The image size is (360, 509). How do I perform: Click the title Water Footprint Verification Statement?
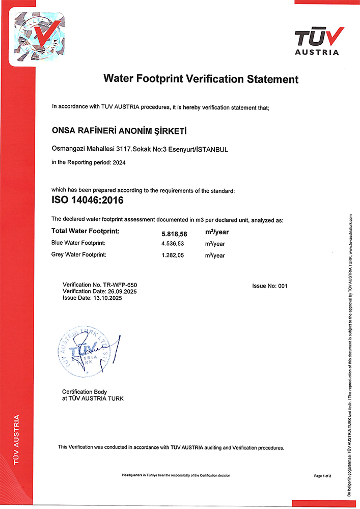[x=201, y=79]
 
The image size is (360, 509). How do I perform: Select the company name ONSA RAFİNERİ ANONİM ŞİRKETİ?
[x=120, y=132]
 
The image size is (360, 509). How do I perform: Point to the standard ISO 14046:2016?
[x=88, y=200]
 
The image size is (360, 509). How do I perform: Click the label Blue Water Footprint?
[x=79, y=243]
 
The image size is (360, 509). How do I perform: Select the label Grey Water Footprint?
[x=79, y=254]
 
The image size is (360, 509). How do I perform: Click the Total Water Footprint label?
[x=86, y=232]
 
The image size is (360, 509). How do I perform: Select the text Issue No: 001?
[x=270, y=286]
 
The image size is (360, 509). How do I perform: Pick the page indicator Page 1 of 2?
[x=323, y=476]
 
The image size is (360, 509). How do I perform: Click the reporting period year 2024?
[x=118, y=162]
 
